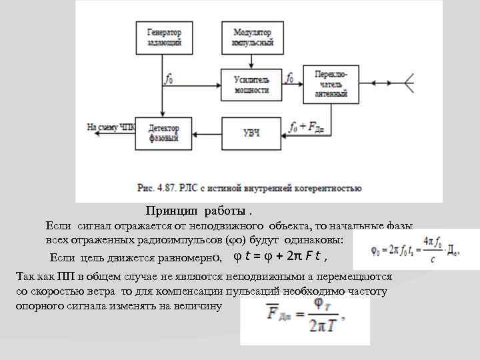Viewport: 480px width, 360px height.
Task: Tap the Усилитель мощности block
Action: point(251,83)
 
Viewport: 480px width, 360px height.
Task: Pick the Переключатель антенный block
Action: point(331,83)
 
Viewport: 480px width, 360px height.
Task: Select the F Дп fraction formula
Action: point(306,321)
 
